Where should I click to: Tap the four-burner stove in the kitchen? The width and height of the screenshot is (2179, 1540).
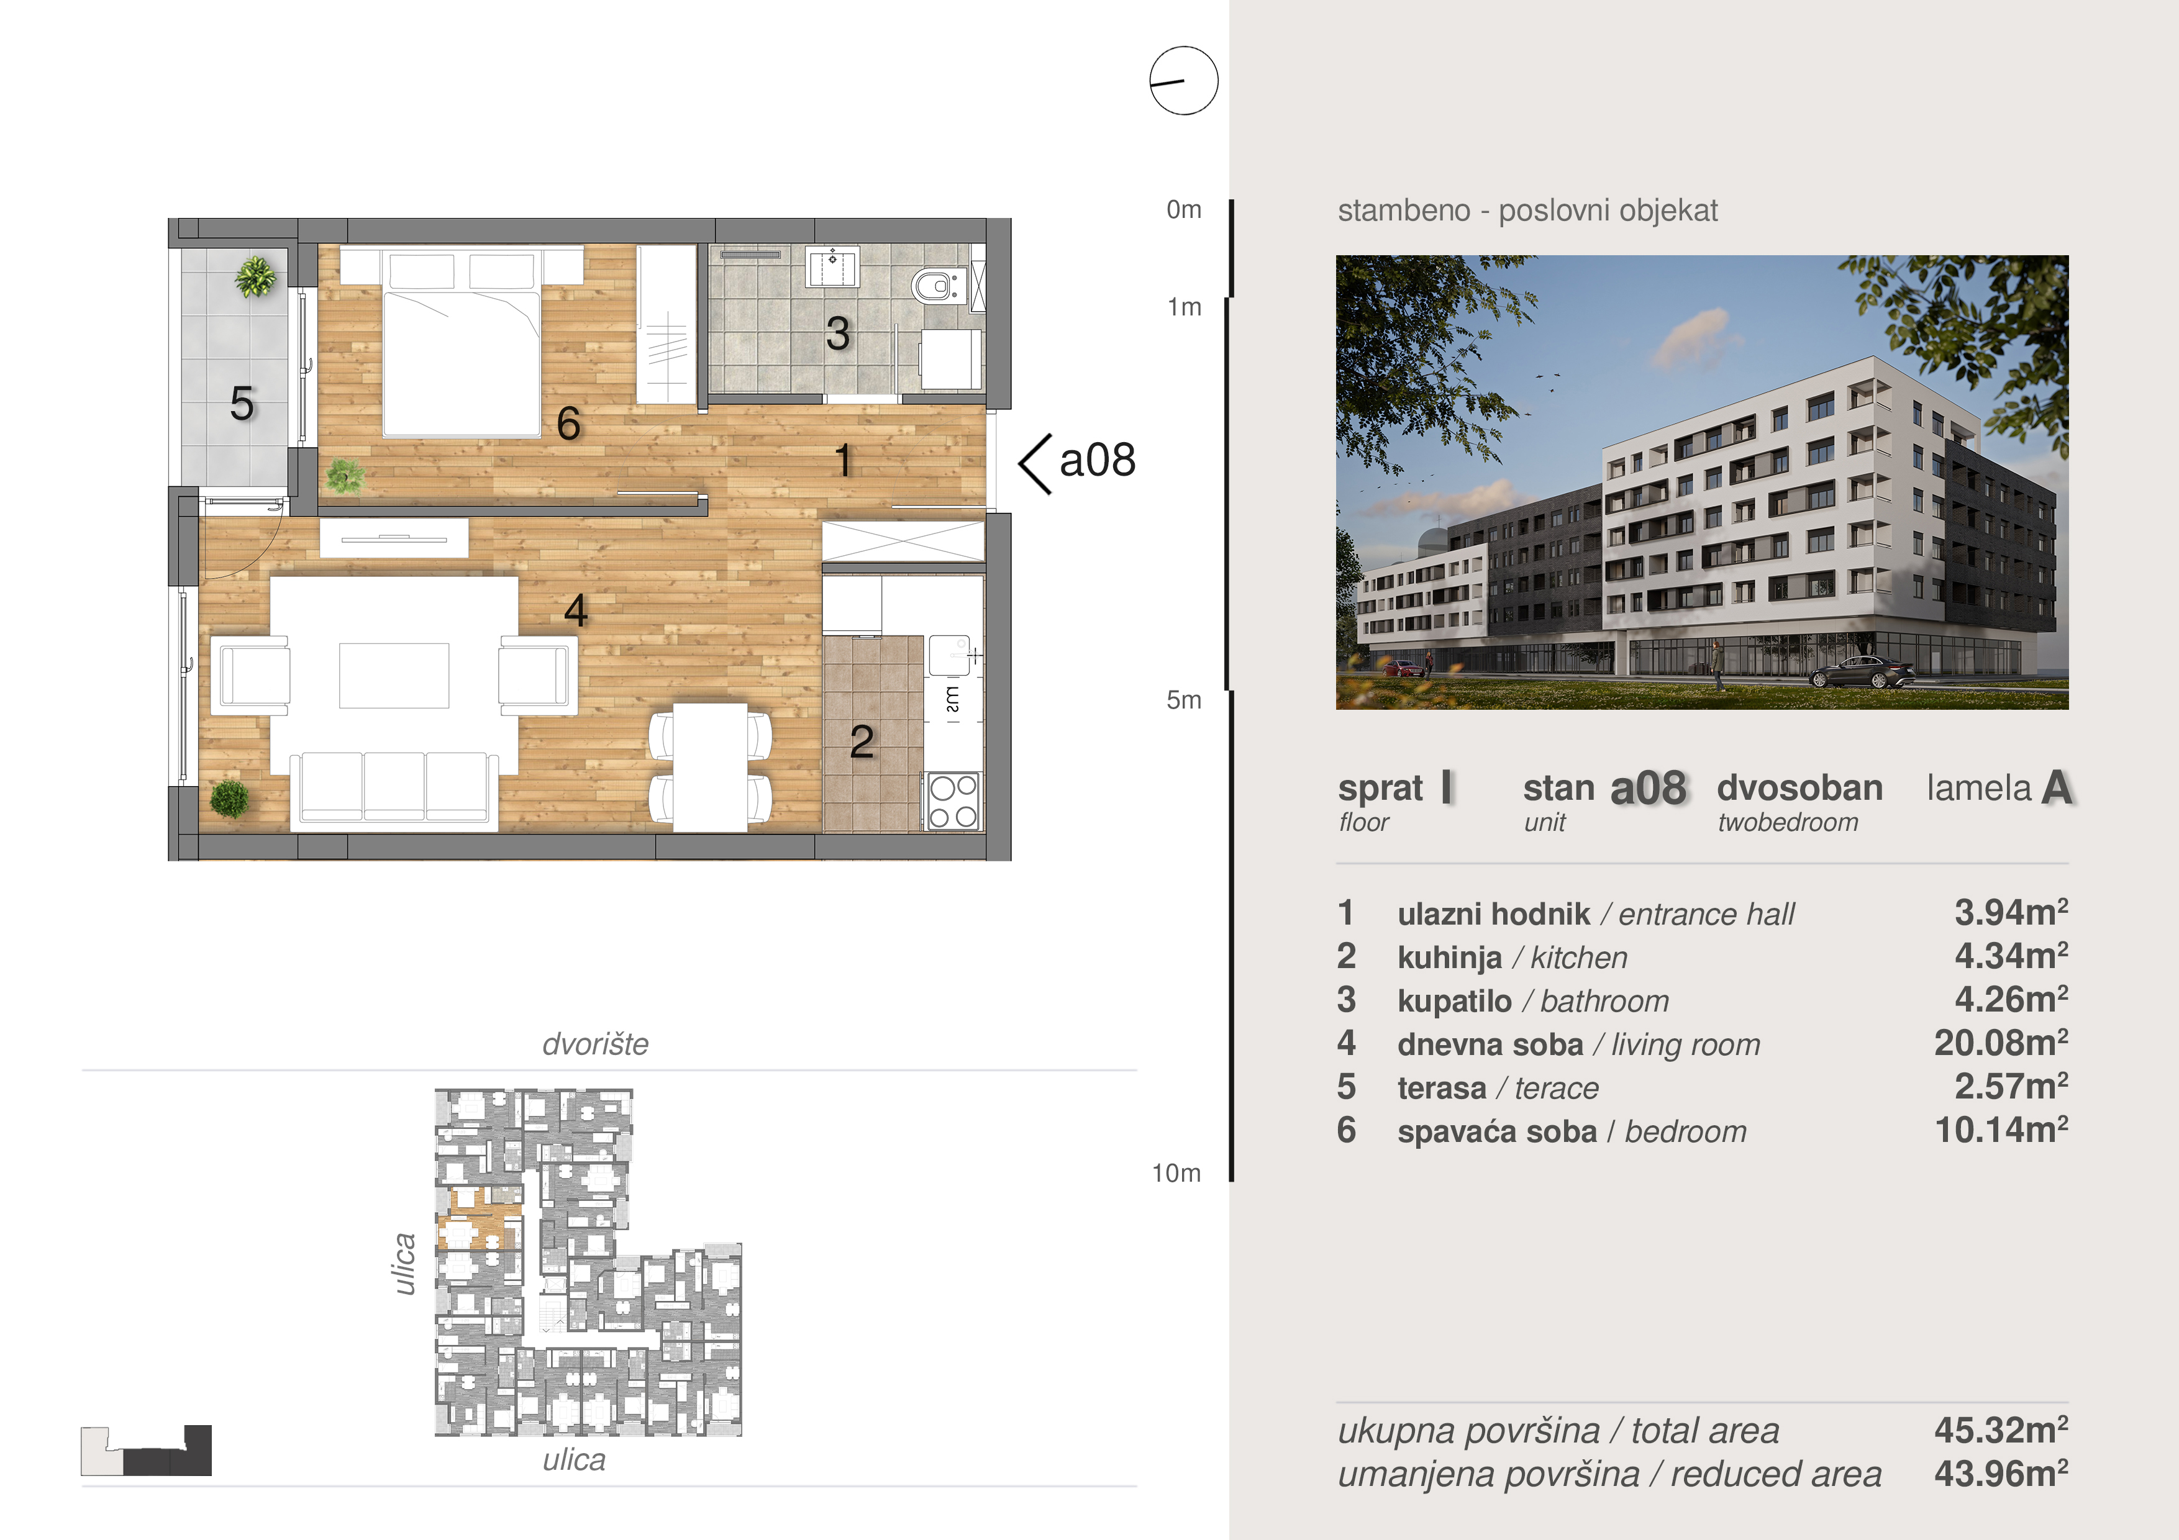[953, 802]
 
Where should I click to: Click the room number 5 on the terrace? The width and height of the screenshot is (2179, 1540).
[242, 403]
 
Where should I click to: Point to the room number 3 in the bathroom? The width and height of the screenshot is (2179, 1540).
[837, 333]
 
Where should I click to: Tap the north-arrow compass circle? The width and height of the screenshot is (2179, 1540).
[1183, 81]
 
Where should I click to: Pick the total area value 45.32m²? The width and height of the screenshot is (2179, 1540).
[2001, 1430]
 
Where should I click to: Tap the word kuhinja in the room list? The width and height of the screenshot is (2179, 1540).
[1449, 958]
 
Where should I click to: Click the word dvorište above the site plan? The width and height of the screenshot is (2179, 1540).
[595, 1044]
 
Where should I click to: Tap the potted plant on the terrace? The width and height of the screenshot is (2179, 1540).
[255, 277]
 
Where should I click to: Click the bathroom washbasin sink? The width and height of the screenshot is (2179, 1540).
[832, 266]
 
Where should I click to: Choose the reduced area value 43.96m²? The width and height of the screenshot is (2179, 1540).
[2001, 1474]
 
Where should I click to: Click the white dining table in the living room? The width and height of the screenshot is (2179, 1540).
[710, 767]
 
